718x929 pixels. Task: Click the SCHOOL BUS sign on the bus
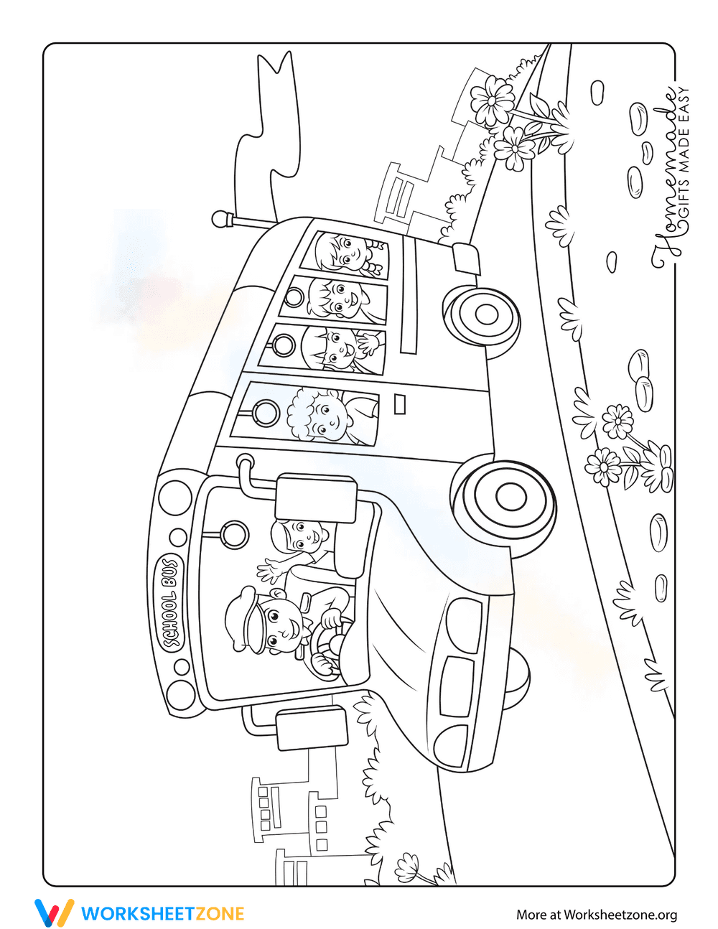pos(172,603)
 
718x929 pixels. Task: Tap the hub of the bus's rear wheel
pos(486,314)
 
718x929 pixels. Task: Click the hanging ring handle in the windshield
pos(234,533)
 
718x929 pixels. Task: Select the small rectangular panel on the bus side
pos(401,403)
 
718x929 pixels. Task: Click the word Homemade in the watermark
pos(664,179)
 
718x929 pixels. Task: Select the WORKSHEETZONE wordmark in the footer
pos(162,913)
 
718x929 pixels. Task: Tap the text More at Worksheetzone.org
pos(596,914)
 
